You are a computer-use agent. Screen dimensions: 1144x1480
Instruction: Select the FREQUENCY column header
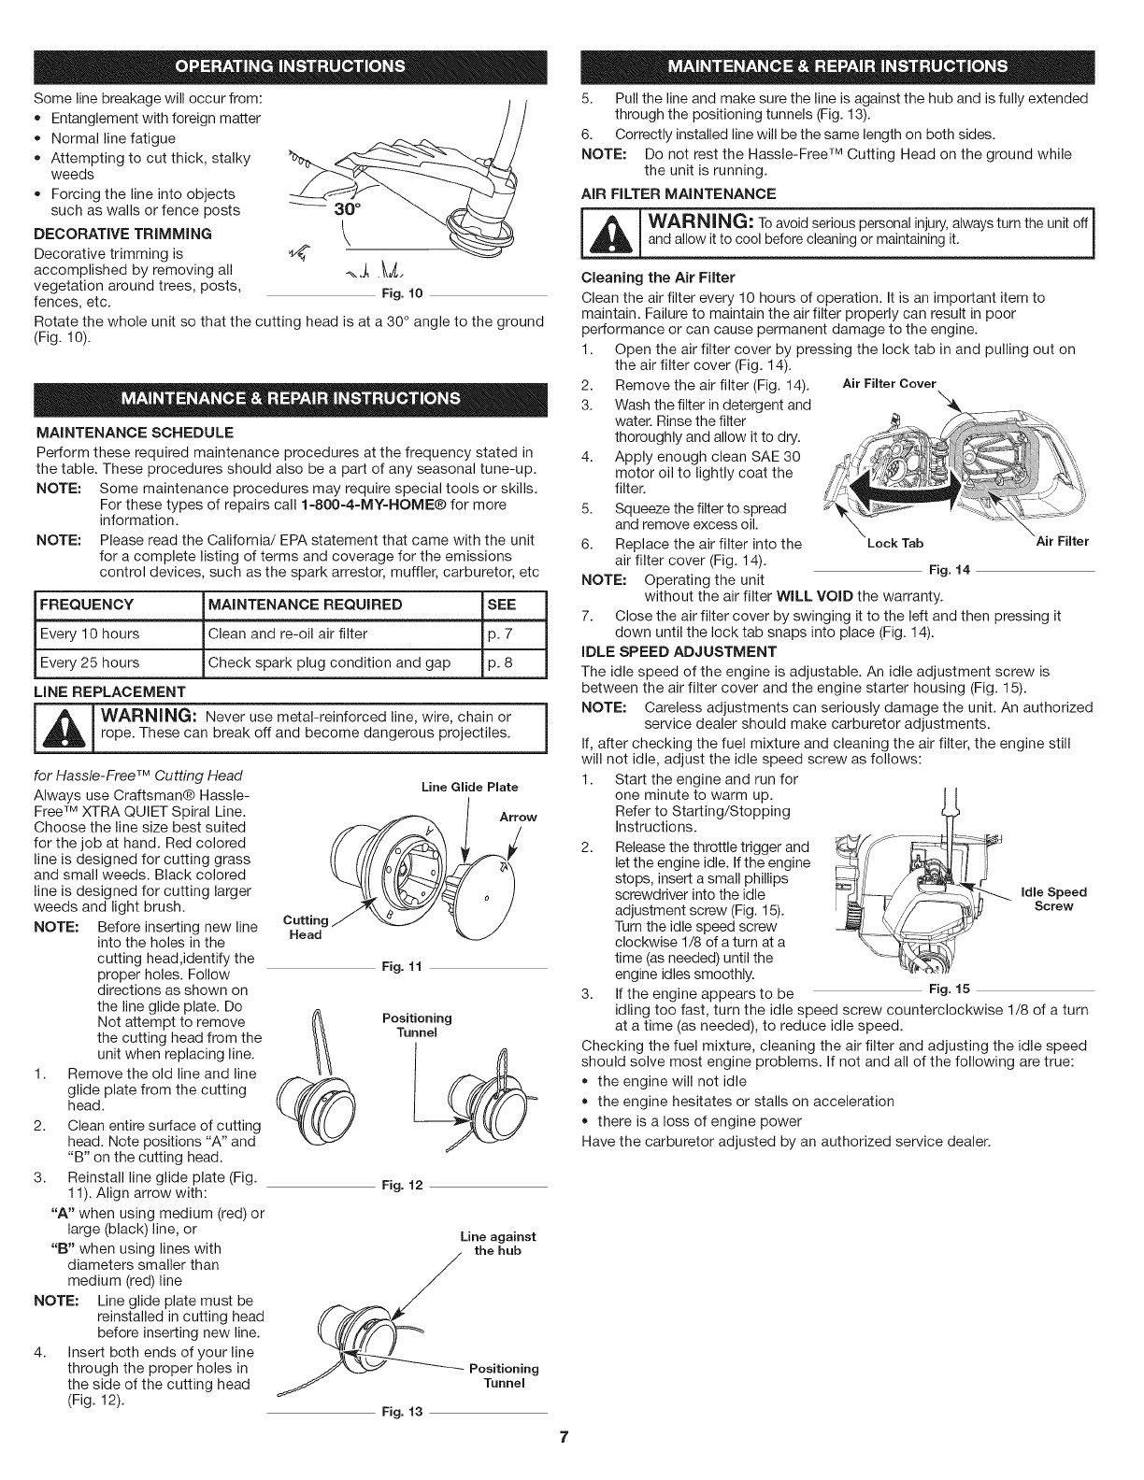(x=87, y=604)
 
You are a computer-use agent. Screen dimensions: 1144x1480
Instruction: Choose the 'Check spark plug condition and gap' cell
(x=328, y=662)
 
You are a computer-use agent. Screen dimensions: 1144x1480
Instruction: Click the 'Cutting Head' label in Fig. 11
(x=305, y=928)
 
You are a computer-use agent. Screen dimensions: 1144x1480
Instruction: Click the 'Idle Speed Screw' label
(x=1053, y=899)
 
